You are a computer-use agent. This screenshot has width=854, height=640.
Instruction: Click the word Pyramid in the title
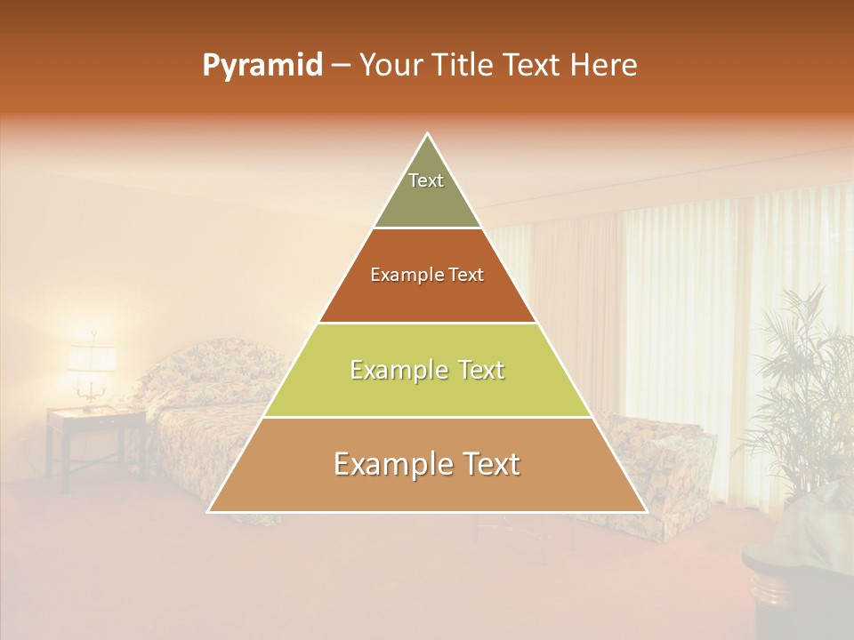tap(262, 66)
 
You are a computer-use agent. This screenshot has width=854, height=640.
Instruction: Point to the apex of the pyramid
tap(428, 134)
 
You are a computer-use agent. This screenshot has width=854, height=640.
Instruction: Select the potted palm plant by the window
tap(801, 391)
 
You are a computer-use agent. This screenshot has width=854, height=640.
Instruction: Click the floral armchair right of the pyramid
tap(658, 462)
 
